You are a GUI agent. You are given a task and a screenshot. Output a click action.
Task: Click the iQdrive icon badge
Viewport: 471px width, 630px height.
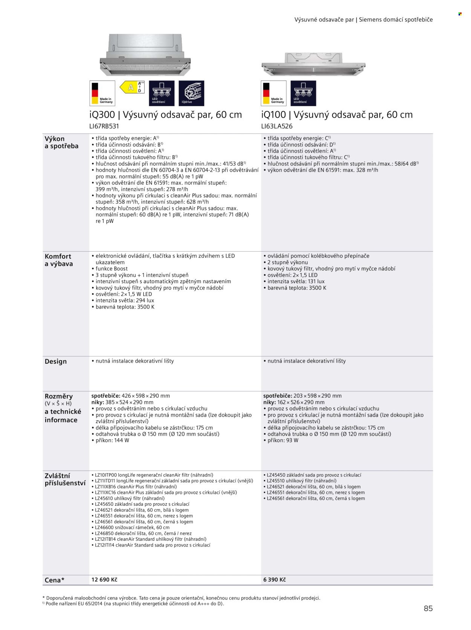tap(191, 93)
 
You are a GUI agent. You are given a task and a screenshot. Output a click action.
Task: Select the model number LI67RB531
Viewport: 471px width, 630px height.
tap(104, 126)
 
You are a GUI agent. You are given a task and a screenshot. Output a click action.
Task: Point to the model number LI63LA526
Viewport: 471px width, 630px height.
tap(277, 126)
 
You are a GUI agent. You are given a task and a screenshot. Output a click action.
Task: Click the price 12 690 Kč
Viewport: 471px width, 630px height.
tap(104, 580)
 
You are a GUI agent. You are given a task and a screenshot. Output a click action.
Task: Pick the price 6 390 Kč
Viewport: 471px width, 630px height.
tap(274, 580)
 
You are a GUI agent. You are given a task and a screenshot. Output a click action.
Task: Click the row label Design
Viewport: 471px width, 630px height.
tap(56, 362)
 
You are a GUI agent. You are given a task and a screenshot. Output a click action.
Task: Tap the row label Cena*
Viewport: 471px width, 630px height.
tap(54, 580)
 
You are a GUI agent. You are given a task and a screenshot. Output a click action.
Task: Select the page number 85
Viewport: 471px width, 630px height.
tap(428, 609)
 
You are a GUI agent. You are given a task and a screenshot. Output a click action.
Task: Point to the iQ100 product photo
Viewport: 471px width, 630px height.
tap(313, 64)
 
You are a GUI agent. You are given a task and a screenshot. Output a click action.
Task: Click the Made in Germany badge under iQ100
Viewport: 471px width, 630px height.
tap(274, 93)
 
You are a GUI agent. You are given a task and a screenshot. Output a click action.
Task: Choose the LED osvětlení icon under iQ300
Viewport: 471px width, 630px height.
tap(162, 93)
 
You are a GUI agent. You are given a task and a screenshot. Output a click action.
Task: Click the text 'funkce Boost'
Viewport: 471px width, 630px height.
tap(112, 269)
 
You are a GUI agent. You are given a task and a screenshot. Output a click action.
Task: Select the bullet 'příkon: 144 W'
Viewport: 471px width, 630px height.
tap(112, 440)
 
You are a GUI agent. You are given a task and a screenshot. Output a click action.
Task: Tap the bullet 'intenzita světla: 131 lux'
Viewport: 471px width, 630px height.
tap(296, 281)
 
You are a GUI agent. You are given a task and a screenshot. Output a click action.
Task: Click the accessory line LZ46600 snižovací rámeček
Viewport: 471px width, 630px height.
tap(132, 528)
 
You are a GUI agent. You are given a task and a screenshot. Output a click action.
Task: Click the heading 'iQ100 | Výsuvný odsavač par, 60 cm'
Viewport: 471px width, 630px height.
tap(337, 115)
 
